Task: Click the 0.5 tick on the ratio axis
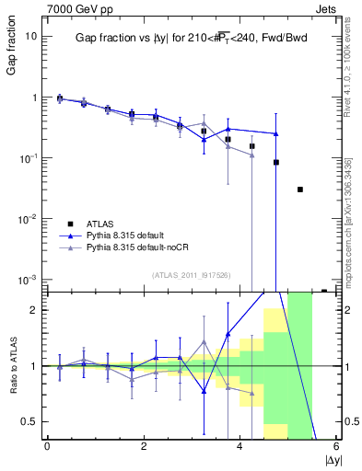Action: pos(31,421)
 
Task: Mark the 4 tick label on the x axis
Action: pos(239,447)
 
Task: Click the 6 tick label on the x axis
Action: pos(335,447)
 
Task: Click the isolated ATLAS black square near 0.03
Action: pos(300,190)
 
